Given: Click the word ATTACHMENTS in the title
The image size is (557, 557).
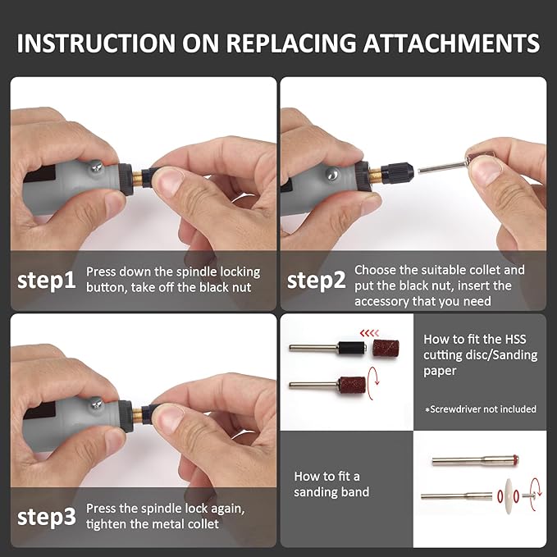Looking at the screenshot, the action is [451, 43].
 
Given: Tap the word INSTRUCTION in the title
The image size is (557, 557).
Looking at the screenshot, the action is [96, 43].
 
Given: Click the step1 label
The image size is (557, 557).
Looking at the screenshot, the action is [47, 281].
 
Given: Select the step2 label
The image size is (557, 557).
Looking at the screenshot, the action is [316, 281].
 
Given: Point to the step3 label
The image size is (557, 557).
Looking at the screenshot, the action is [47, 517].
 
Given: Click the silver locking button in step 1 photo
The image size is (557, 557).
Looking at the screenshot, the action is [95, 167].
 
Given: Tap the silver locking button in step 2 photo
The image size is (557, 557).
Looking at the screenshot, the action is [331, 174].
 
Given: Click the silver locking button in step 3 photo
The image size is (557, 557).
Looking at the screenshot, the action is [96, 404].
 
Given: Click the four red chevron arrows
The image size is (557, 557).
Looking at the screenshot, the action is [369, 333].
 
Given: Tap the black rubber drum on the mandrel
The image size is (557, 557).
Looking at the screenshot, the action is [352, 348].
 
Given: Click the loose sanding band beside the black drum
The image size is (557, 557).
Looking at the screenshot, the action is [386, 348].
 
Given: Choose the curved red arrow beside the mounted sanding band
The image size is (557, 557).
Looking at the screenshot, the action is [374, 384].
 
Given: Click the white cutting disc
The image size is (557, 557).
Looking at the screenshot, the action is [508, 496].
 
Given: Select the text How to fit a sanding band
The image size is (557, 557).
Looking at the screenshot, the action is [331, 484].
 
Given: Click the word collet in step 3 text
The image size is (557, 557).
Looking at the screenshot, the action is [200, 524].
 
